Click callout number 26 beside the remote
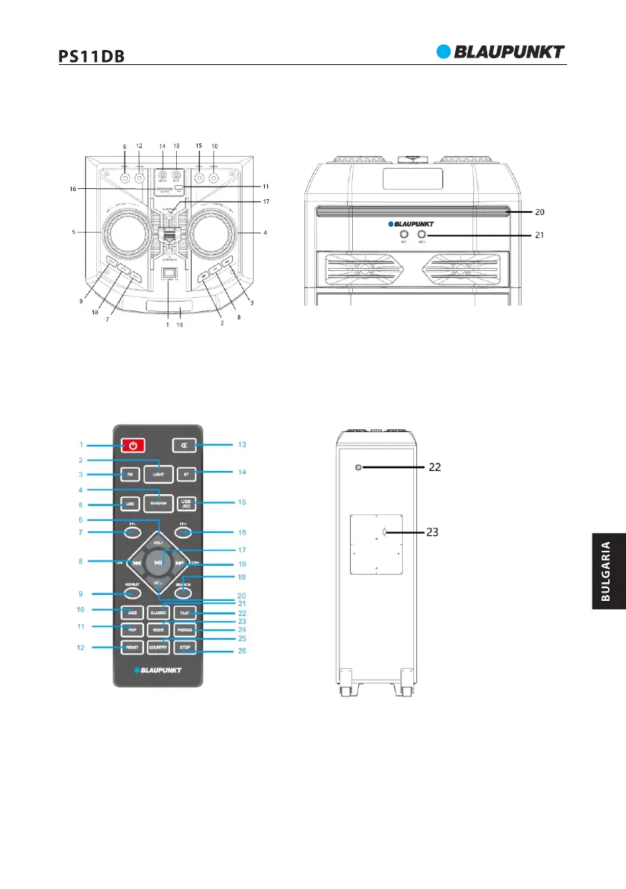point(241,651)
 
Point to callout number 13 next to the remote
point(241,445)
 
